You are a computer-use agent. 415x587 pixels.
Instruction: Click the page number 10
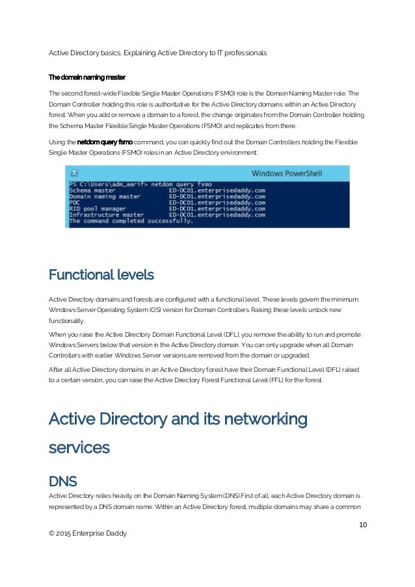(x=362, y=525)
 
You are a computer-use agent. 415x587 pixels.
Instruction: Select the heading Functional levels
(x=101, y=275)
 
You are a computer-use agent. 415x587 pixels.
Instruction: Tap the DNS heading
(x=63, y=482)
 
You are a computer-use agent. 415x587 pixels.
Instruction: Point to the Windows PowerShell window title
(x=286, y=174)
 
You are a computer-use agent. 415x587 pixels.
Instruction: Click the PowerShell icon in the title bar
(x=75, y=174)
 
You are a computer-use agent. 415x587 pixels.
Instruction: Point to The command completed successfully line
(x=131, y=221)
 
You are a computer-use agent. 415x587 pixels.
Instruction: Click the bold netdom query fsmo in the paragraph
(x=105, y=141)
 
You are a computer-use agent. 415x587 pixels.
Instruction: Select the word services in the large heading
(x=79, y=447)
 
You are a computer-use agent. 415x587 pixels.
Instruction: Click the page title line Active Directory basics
(x=158, y=52)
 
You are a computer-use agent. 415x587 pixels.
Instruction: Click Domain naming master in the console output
(x=105, y=196)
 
